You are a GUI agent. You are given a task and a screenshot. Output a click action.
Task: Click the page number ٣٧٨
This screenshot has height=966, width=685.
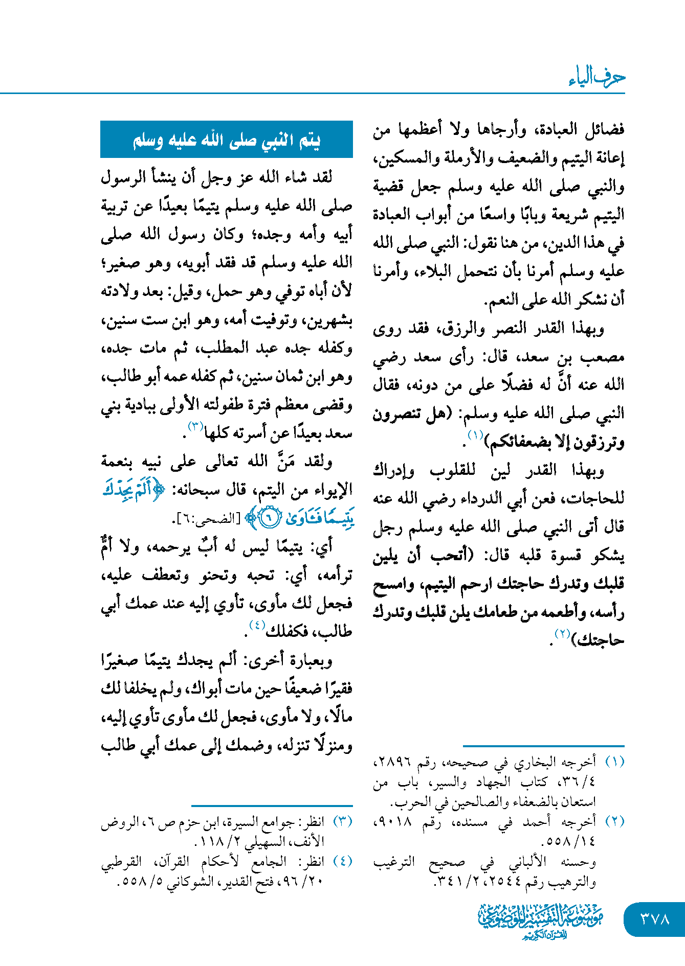click(655, 918)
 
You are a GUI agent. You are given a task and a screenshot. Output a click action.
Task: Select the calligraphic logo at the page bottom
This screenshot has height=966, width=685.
click(541, 920)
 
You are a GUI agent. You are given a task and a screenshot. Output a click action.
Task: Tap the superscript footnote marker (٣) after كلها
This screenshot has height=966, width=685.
click(196, 426)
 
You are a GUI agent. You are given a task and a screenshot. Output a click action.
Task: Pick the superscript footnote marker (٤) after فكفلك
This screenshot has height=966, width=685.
click(256, 625)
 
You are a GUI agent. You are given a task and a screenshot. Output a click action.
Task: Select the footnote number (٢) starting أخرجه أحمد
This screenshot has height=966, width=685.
click(614, 821)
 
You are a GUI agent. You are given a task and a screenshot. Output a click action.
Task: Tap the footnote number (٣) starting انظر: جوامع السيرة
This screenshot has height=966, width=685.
click(343, 821)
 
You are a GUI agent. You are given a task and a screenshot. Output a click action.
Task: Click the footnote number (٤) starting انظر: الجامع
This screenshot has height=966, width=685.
click(343, 861)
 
